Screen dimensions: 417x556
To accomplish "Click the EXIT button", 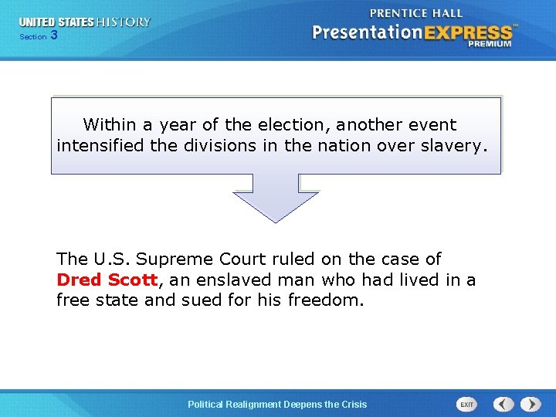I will [x=467, y=404].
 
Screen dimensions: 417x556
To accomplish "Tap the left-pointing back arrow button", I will [x=503, y=404].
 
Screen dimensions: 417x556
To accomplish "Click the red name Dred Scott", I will [x=107, y=280].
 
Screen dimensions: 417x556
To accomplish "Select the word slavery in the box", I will [x=455, y=144].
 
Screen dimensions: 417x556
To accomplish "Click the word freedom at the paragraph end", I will [x=324, y=300].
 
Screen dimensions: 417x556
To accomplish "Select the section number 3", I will [x=53, y=36].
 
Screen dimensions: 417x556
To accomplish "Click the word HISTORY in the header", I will [x=124, y=22].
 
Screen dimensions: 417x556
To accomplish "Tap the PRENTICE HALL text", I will [x=416, y=13].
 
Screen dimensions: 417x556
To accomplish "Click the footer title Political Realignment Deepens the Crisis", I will [x=278, y=404].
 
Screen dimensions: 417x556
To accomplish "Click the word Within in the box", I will [x=107, y=124].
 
